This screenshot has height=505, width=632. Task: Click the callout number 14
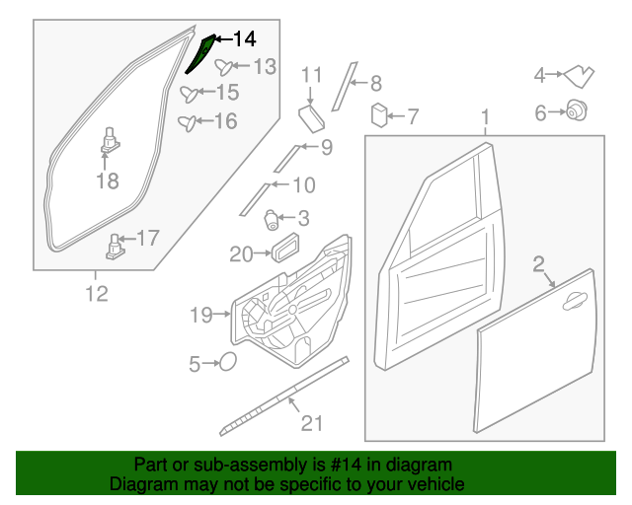(244, 39)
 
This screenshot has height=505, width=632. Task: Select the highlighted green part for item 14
(200, 57)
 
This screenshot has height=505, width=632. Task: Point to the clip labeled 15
(188, 94)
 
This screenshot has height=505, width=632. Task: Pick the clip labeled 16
(186, 122)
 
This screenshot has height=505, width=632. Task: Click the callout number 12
(96, 293)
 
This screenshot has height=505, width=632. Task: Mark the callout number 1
(485, 120)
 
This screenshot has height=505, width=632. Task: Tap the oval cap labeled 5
(226, 363)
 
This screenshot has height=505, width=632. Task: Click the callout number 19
(200, 316)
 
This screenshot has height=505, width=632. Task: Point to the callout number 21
(312, 423)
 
